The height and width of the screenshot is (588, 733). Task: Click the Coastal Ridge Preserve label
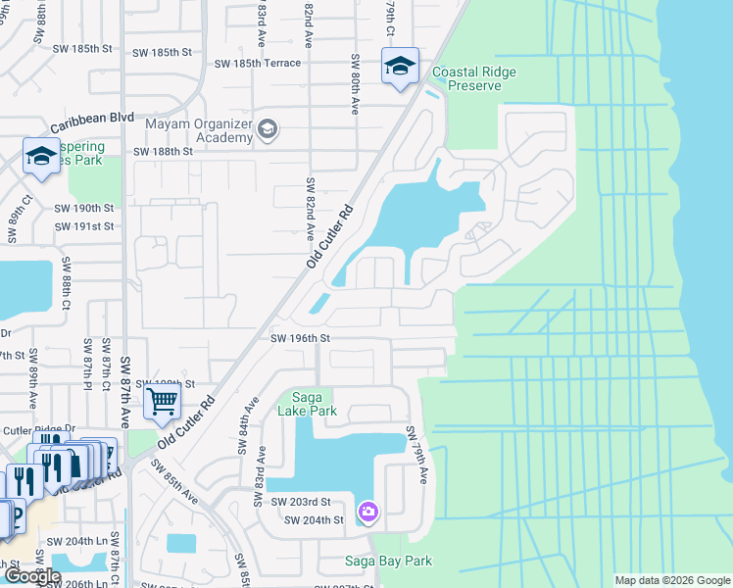(474, 78)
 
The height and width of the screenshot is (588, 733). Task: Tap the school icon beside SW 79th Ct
(400, 67)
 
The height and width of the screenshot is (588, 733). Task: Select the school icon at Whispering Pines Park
(41, 156)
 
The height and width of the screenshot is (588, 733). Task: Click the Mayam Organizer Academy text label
(198, 130)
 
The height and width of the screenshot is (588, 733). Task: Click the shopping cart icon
(161, 400)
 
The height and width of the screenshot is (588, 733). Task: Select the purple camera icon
(367, 511)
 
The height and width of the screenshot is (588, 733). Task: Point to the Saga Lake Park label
(308, 404)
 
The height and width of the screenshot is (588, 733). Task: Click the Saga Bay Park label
(388, 562)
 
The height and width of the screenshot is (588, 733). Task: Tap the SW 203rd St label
(308, 502)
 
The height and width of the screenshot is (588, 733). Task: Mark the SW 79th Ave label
(417, 454)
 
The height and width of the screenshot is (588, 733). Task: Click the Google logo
(31, 576)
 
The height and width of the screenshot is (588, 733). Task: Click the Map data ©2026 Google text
(671, 580)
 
